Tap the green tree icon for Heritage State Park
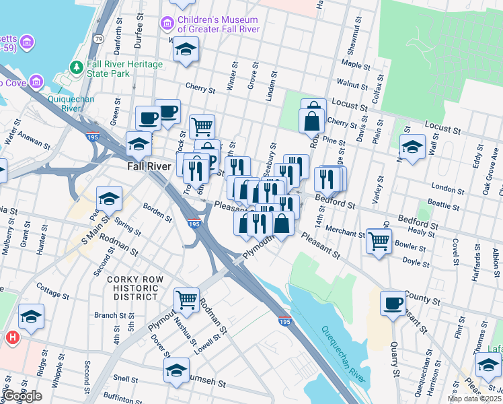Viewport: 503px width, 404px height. tap(76, 68)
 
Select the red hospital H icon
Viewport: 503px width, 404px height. tap(12, 337)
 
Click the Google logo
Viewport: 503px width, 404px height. tap(22, 396)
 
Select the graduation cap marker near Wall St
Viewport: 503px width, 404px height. tap(412, 146)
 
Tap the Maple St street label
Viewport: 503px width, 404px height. tap(352, 63)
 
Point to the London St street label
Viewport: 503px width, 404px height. tap(443, 188)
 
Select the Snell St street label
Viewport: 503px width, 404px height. tap(126, 378)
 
